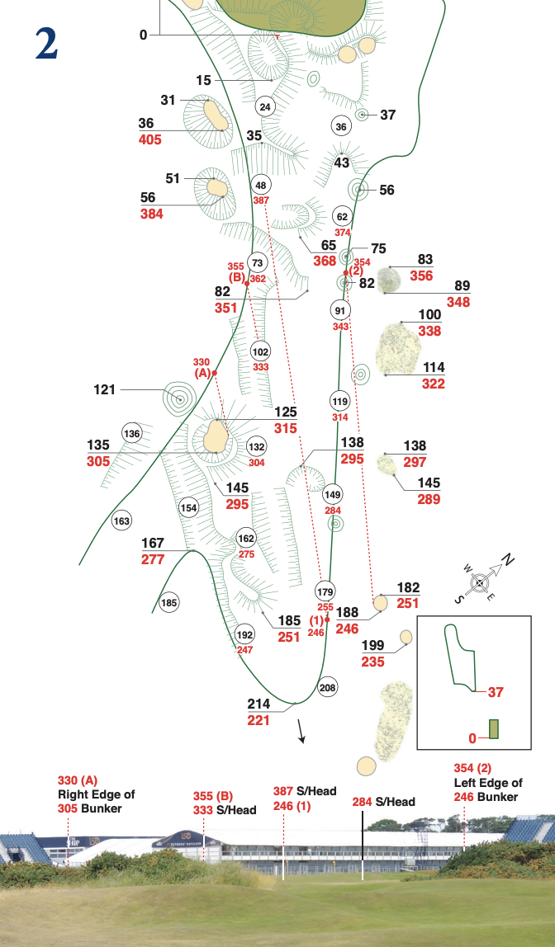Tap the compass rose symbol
click(480, 583)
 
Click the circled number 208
click(328, 687)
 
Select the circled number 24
click(265, 107)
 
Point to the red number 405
click(149, 139)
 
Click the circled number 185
click(169, 602)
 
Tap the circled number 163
click(122, 521)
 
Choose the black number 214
click(259, 704)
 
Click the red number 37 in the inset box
click(496, 692)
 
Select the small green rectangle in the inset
click(494, 728)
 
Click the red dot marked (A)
click(215, 373)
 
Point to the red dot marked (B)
click(247, 283)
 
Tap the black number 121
click(105, 389)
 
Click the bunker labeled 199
click(406, 637)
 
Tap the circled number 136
click(131, 434)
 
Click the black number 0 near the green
click(143, 35)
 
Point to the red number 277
click(153, 559)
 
